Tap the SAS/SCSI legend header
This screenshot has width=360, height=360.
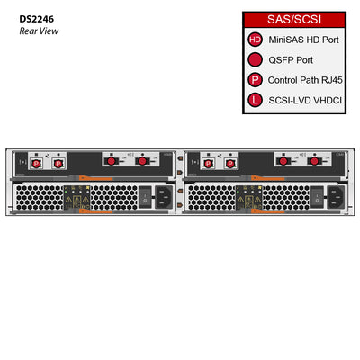294,19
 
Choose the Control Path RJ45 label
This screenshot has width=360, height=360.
306,79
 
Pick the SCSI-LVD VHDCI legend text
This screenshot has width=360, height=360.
307,99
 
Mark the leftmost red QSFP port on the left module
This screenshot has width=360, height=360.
114,163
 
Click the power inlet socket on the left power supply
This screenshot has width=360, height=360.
162,194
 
